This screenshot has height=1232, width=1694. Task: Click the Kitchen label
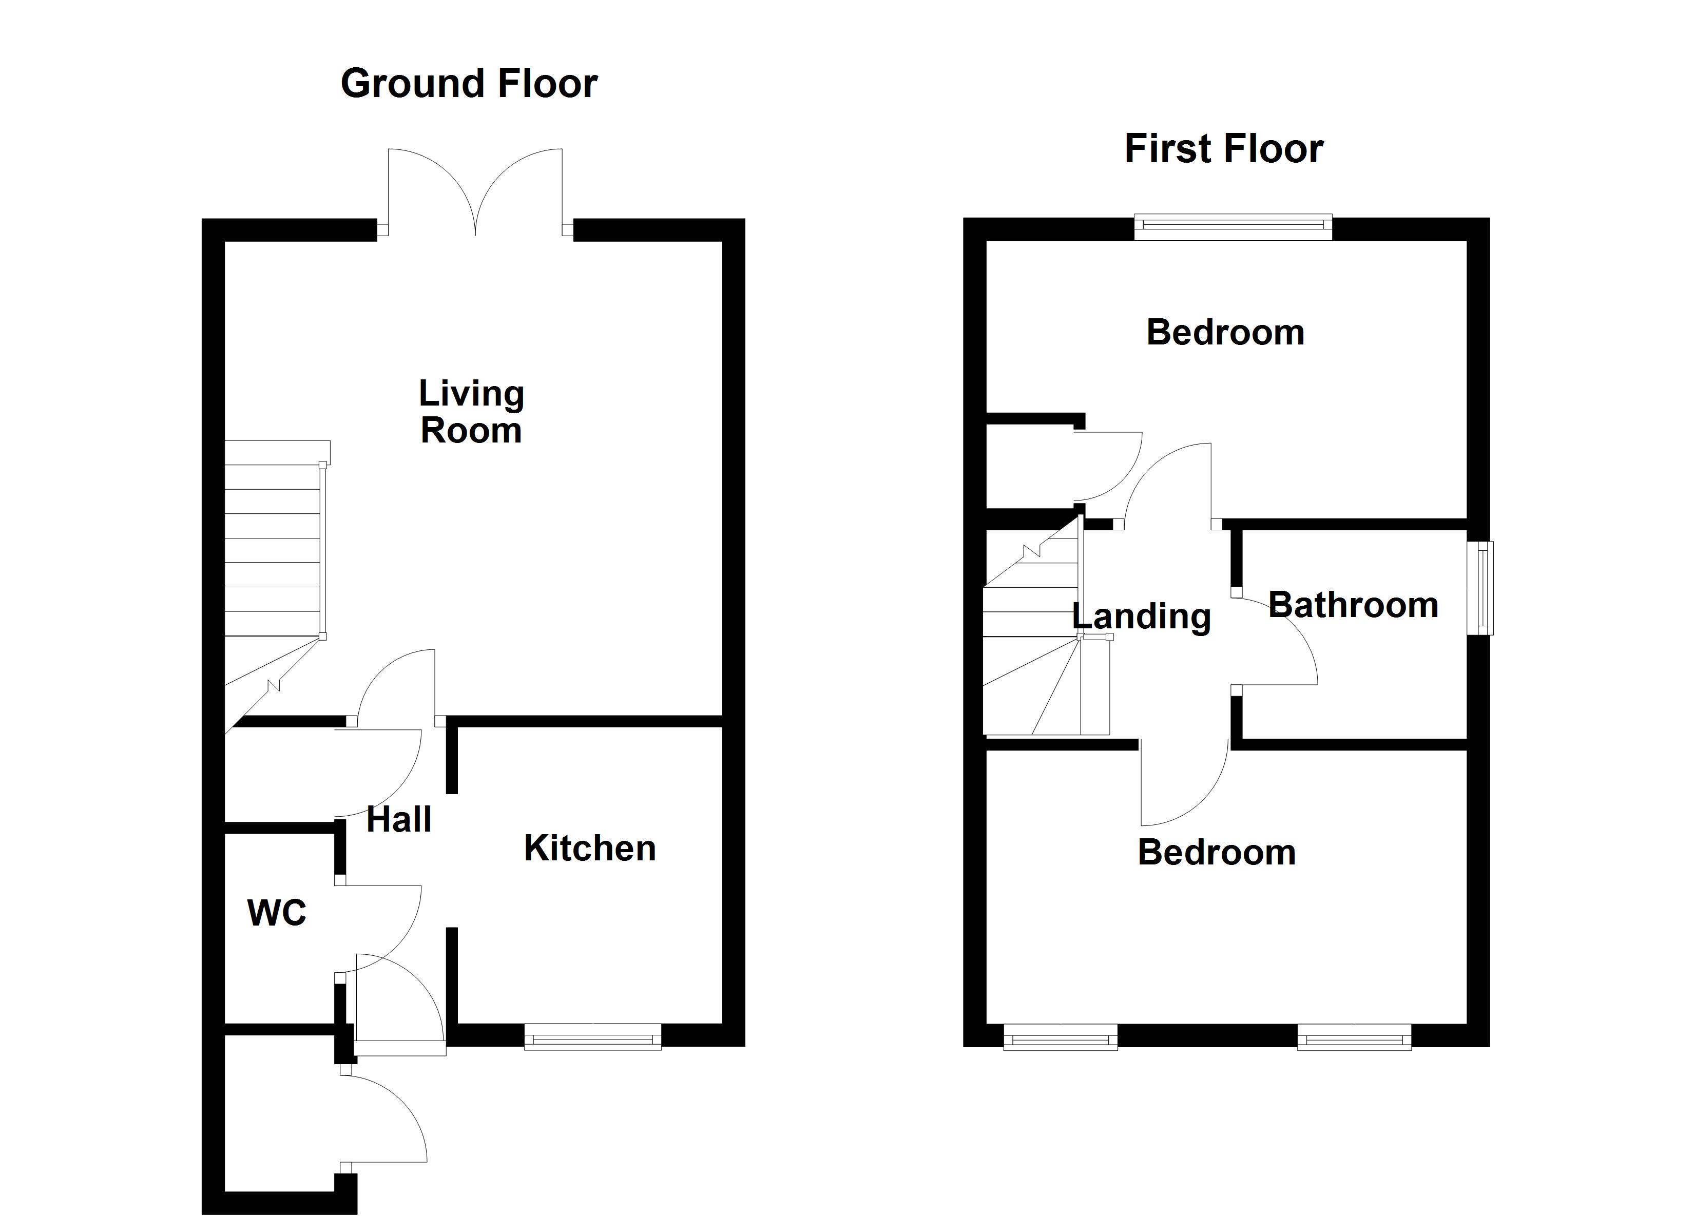point(589,848)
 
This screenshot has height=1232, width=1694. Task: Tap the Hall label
point(399,820)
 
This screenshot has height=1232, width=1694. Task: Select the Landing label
point(1141,617)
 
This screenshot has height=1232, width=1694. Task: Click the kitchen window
point(592,1037)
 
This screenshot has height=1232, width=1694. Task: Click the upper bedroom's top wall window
point(1233,226)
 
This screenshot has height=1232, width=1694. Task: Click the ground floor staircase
point(274,553)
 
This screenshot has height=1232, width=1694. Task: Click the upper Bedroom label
point(1225,333)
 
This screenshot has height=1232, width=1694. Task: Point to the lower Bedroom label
point(1216,853)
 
